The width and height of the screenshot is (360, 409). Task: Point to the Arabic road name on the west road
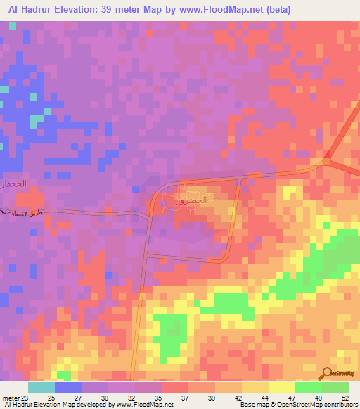point(24,212)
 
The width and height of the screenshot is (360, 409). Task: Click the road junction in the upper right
point(326,162)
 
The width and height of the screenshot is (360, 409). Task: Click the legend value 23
point(26,397)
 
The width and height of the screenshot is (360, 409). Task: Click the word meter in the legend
point(11,397)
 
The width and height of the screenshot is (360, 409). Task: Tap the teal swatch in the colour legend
point(41,387)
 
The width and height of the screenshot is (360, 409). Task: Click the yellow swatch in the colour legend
point(281,387)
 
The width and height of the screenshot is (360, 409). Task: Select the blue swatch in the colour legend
point(67,387)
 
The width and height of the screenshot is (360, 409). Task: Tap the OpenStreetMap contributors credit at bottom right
point(316,405)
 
